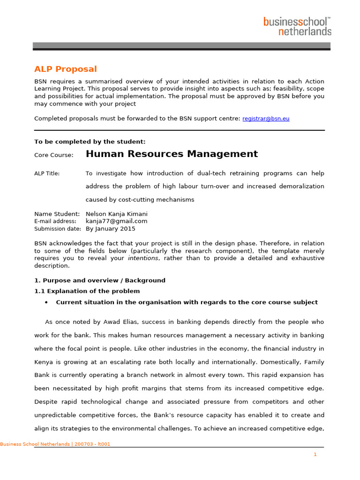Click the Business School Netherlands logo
point(297,26)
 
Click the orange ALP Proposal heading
point(65,69)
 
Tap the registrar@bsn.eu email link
point(265,119)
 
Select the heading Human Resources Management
point(172,154)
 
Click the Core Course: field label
point(53,155)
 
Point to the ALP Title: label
point(47,173)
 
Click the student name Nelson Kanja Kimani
point(116,214)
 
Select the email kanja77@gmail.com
point(116,221)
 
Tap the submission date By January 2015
point(110,229)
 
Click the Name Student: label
point(57,214)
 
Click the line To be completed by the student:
point(90,142)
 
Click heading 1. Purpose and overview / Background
point(100,280)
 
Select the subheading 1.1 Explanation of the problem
point(87,291)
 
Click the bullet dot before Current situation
point(46,303)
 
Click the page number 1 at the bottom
point(315,454)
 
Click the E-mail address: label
point(55,221)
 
